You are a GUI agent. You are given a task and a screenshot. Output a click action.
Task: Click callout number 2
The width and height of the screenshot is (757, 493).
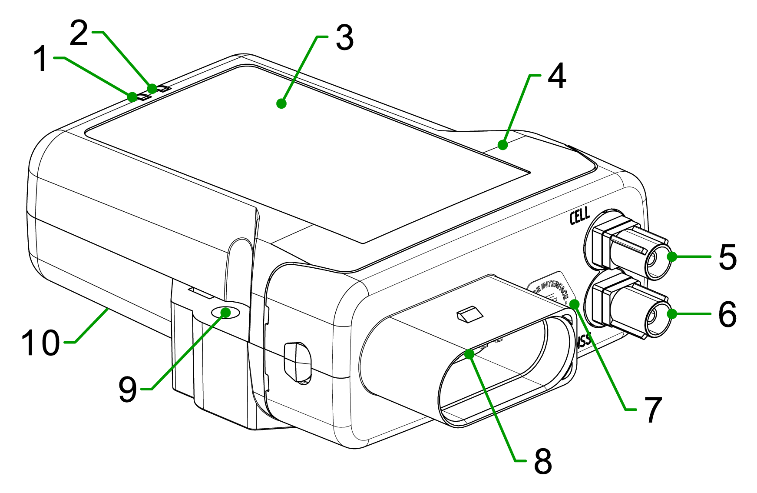coord(79,34)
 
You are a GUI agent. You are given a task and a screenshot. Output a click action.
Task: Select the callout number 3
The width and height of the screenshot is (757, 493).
coord(344,38)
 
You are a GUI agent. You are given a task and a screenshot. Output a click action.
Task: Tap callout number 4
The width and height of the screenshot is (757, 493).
coord(556,77)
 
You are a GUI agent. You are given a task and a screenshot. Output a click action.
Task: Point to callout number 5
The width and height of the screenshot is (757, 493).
coord(727,257)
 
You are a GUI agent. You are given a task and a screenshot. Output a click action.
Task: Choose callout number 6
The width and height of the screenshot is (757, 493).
coord(727,314)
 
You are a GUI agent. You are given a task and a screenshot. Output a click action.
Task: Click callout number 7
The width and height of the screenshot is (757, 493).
coord(653,410)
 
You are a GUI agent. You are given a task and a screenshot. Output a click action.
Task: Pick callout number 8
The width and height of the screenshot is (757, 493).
coord(542,461)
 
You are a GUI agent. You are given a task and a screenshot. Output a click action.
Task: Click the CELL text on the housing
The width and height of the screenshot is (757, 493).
coord(580,215)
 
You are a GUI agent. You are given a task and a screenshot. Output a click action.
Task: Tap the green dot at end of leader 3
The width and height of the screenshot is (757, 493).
coord(281,103)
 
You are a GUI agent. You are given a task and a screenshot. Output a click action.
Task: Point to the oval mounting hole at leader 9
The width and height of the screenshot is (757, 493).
coord(225,312)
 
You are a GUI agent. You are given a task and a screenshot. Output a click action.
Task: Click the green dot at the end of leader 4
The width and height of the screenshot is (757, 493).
coord(503,145)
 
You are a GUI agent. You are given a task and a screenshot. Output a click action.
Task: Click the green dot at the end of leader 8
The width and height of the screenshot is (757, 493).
coord(469,354)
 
